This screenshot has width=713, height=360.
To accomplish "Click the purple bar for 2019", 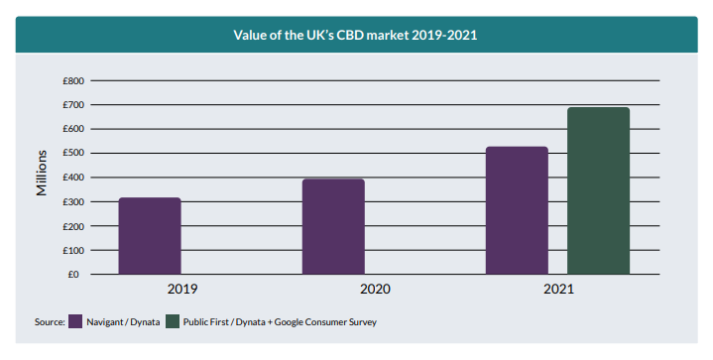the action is [x=150, y=236].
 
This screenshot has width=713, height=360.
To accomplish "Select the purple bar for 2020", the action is [x=333, y=226].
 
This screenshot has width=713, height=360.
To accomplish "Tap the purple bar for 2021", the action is [x=517, y=210].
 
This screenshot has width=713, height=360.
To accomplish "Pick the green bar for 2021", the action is [x=598, y=190].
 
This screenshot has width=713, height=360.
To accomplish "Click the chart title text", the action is [x=356, y=35].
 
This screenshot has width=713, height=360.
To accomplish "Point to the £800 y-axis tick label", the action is [x=73, y=81].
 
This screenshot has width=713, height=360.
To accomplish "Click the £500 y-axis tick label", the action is [x=73, y=153].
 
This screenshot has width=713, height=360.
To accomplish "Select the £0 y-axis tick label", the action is [x=73, y=275].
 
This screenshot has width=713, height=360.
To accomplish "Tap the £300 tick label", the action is [x=73, y=202].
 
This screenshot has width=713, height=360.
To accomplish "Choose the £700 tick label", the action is [x=73, y=105].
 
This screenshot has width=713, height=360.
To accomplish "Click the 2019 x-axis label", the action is [x=182, y=290].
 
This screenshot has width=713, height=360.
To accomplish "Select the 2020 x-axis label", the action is [x=375, y=290].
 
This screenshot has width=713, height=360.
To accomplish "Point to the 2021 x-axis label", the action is [x=559, y=290].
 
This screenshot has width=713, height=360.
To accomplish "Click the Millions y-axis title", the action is [x=42, y=174].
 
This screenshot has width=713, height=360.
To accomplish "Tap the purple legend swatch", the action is [x=75, y=321].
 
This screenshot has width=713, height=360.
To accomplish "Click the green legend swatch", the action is [x=173, y=321].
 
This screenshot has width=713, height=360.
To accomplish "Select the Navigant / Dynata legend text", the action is [x=123, y=322].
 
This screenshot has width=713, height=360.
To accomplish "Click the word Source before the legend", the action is [x=50, y=322].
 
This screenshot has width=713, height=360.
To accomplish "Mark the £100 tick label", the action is [x=73, y=251].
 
